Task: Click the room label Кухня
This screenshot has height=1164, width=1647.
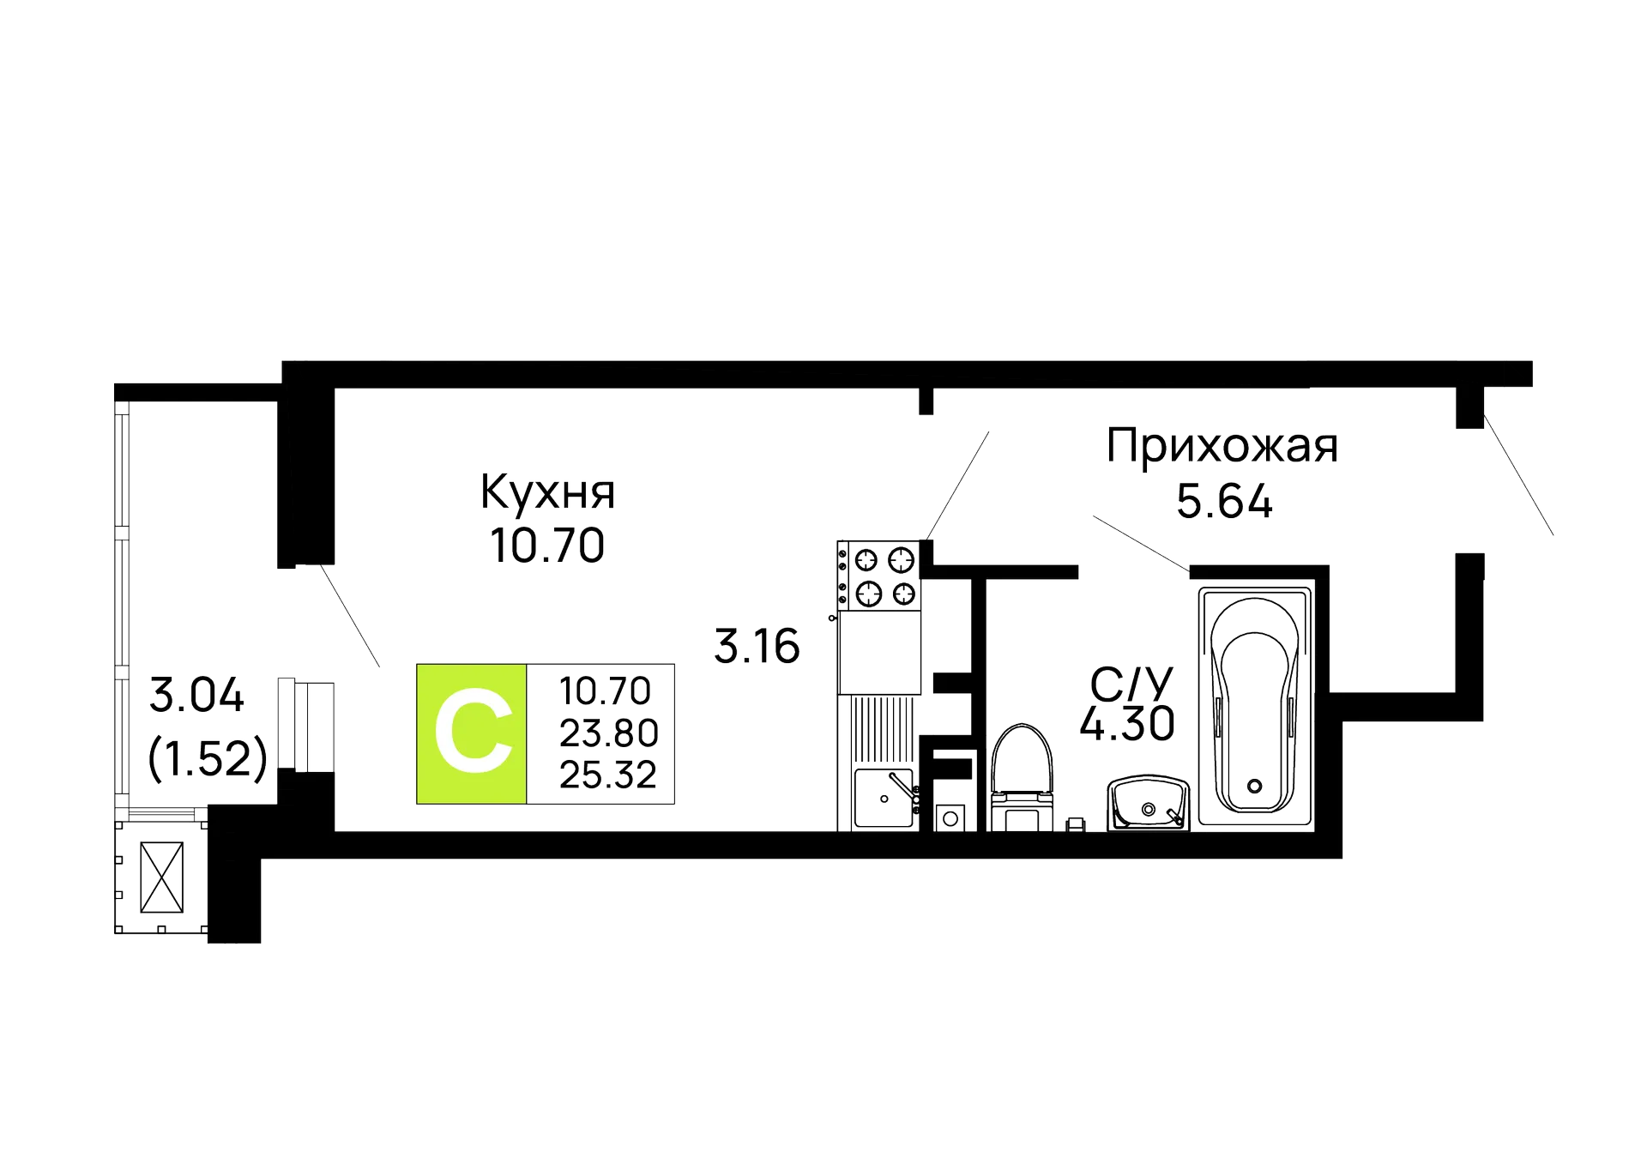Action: coord(547,492)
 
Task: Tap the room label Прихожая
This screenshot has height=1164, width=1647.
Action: coord(1222,447)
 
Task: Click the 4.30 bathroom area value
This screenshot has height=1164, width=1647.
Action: coord(1125,725)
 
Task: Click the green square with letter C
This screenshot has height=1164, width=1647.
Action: coord(471,734)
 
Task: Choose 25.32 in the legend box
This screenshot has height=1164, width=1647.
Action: coord(607,775)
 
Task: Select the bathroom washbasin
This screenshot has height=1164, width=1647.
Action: coord(1148,803)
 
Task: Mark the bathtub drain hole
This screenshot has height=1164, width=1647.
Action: coord(1256,784)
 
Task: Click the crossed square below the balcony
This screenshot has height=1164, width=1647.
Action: coord(161,876)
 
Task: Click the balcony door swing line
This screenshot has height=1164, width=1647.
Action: coord(352,618)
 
